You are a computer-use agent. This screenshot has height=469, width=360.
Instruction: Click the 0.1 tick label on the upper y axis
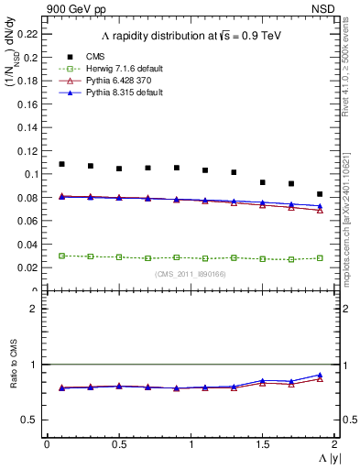click(32, 174)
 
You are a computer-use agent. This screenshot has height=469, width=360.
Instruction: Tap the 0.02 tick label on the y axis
click(28, 267)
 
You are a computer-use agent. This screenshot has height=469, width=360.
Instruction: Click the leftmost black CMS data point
click(61, 164)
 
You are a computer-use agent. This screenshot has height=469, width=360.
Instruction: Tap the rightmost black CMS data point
click(320, 194)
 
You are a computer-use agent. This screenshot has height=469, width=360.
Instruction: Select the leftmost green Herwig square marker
click(61, 256)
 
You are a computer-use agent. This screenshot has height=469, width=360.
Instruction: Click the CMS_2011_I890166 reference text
click(190, 274)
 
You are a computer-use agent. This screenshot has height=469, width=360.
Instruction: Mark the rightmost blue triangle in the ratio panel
click(320, 375)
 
